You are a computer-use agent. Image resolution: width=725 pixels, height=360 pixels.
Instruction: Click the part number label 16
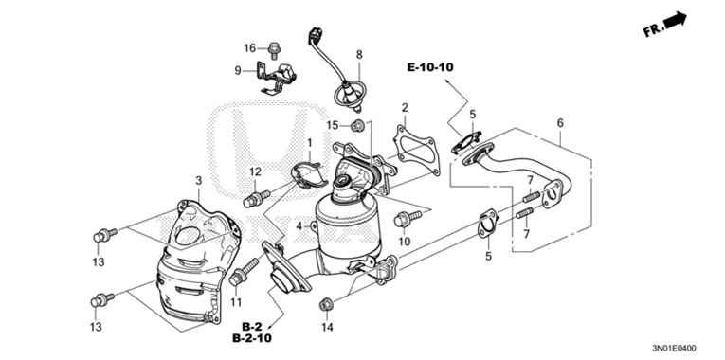[x=250, y=48]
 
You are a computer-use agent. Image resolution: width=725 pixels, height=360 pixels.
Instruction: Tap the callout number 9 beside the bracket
[x=238, y=70]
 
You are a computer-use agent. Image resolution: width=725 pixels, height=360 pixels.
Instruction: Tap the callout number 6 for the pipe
[x=559, y=123]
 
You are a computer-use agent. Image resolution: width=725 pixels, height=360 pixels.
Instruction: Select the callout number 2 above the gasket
[x=404, y=108]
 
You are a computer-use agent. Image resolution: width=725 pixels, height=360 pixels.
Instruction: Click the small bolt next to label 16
[x=273, y=45]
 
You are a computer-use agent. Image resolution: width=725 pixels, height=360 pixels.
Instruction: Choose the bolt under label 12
[x=252, y=198]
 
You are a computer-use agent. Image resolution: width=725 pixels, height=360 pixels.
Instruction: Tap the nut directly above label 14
[x=326, y=303]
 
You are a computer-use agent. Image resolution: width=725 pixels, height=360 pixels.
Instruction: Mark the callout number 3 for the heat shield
[x=198, y=180]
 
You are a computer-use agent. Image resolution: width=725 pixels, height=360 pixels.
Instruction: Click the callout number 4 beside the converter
[x=299, y=226]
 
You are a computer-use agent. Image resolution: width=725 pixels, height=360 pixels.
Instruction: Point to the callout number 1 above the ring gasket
[x=308, y=142]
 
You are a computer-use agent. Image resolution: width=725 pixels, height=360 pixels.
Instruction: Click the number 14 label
[x=327, y=328]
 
